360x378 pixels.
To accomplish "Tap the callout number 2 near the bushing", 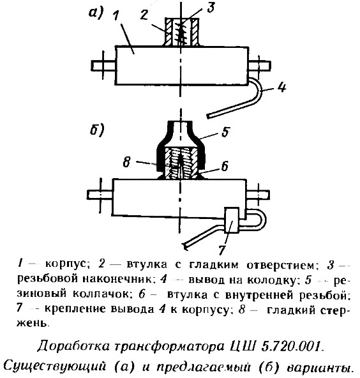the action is [144, 15].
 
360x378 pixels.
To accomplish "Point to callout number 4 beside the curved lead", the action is [281, 87].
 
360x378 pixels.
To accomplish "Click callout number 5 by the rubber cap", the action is [225, 132].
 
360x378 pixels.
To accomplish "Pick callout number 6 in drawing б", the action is [225, 166].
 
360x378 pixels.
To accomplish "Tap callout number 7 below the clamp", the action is [222, 250].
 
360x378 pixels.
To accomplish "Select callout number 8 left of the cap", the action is [127, 162].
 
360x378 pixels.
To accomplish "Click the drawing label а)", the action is [96, 13].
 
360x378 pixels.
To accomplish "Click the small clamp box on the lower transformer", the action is [232, 220].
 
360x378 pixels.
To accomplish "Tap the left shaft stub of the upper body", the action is [103, 66].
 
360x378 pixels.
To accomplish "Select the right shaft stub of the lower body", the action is [258, 195].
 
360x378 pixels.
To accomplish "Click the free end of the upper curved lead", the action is [209, 117].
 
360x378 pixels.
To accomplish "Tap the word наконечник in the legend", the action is [118, 279].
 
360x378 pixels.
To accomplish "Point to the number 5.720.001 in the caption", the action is [292, 346].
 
